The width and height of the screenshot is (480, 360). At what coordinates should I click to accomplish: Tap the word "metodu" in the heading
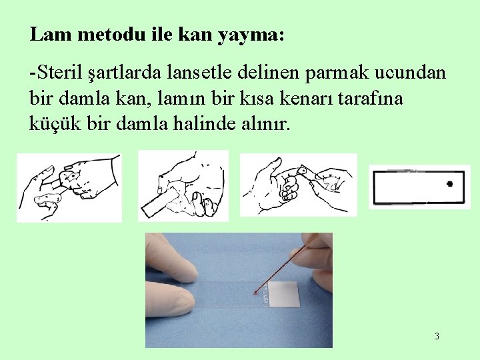pyautogui.click(x=111, y=34)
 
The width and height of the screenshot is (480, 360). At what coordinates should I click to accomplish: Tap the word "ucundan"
pyautogui.click(x=410, y=73)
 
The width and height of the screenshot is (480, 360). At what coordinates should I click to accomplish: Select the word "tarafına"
pyautogui.click(x=371, y=98)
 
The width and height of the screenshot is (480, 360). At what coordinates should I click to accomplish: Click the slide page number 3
pyautogui.click(x=437, y=336)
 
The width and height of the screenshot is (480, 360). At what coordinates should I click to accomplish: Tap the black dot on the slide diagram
pyautogui.click(x=450, y=184)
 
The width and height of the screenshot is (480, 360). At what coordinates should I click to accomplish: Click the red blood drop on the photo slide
pyautogui.click(x=255, y=293)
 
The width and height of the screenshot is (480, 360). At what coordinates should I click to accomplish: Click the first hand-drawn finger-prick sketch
pyautogui.click(x=69, y=187)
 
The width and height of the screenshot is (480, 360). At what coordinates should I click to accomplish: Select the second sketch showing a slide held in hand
pyautogui.click(x=183, y=186)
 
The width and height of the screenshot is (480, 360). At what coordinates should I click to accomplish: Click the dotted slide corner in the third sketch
pyautogui.click(x=303, y=170)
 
